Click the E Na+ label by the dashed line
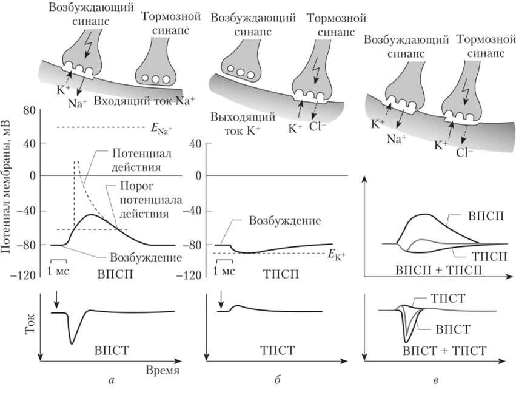(161, 128)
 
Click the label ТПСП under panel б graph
(276, 274)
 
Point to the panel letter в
(436, 381)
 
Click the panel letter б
(276, 381)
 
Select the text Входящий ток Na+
(144, 101)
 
